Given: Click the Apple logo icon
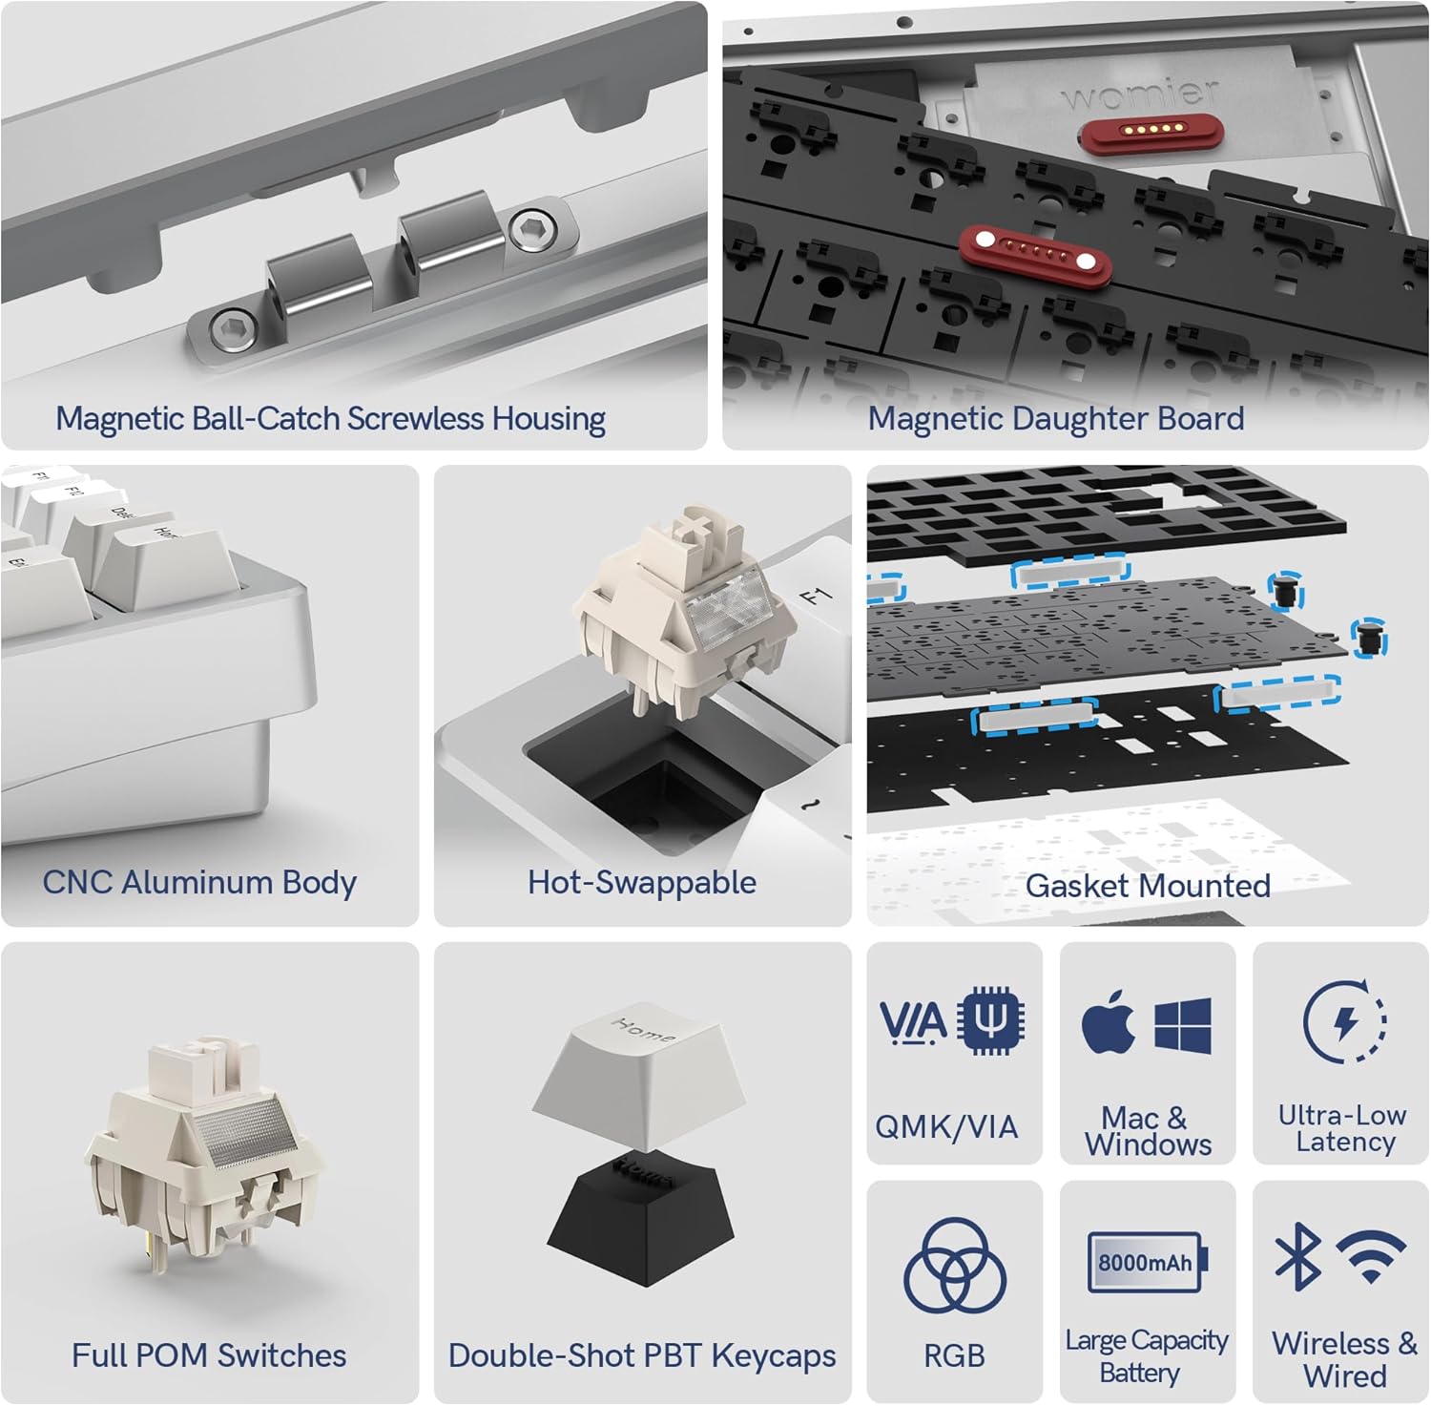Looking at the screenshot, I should [x=1109, y=1023].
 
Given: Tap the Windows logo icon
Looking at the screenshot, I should [x=1183, y=1025].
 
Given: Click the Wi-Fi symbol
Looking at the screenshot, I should [x=1371, y=1255].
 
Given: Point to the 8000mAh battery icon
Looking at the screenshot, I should [x=1148, y=1262].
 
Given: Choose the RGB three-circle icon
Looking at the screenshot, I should [x=955, y=1266].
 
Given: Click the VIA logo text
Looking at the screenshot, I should [x=913, y=1022].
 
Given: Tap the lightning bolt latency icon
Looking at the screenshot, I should [x=1345, y=1022].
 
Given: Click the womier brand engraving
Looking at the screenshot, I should [x=1140, y=94].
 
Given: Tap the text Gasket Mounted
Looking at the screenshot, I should [x=1148, y=886].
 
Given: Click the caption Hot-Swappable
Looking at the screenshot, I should [x=642, y=882].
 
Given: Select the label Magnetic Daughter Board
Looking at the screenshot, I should [x=1056, y=418].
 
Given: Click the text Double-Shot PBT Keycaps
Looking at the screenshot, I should [x=642, y=1355].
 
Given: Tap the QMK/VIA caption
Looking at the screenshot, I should [x=946, y=1126].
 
